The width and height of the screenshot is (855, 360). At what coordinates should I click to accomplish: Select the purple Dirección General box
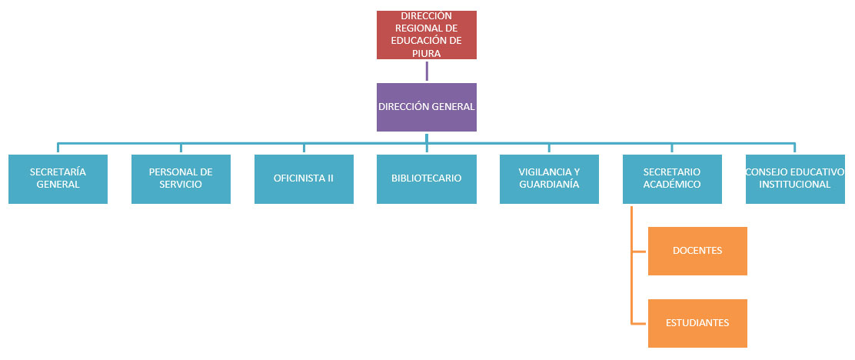[426, 107]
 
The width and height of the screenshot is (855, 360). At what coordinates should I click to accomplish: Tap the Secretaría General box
[58, 178]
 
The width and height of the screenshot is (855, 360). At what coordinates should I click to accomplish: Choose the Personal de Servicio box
[181, 178]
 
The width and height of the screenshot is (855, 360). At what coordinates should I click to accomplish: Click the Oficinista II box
[304, 178]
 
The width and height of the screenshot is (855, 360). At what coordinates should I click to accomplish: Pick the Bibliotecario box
[426, 178]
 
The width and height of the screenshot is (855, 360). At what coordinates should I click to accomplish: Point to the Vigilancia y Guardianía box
[549, 178]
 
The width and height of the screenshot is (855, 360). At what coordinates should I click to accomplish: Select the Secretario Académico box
[672, 178]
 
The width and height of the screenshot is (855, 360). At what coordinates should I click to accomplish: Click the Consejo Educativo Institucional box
[795, 178]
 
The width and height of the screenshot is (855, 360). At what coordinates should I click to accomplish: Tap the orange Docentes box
[697, 251]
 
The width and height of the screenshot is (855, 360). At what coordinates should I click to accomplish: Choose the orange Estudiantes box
[697, 323]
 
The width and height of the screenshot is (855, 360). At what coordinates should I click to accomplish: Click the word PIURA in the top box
[426, 54]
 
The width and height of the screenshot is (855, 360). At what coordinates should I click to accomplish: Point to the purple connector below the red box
[426, 71]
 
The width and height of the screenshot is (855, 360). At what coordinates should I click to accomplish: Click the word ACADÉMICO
[672, 185]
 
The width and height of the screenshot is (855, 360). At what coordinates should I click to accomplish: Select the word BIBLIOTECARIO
[426, 178]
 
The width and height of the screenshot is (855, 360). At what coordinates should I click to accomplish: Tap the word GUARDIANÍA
[549, 185]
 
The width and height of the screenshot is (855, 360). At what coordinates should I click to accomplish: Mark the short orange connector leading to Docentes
[639, 251]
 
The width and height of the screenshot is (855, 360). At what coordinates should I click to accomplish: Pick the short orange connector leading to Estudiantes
[639, 323]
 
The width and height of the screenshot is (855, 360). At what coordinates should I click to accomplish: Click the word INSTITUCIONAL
[795, 185]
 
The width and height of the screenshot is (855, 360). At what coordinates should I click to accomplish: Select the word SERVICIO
[181, 185]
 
